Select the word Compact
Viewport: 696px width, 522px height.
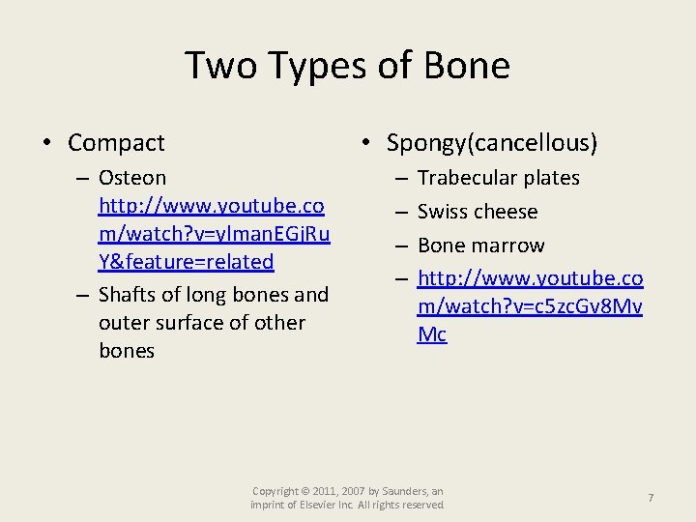(x=116, y=143)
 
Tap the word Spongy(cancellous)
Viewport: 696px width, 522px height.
(x=492, y=143)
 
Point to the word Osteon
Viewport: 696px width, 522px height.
(x=132, y=178)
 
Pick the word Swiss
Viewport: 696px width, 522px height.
(x=441, y=212)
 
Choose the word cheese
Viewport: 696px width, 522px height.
(x=506, y=212)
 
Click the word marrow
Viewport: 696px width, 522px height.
(x=508, y=246)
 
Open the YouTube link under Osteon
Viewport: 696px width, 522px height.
(x=214, y=234)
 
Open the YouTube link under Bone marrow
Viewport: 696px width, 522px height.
(x=530, y=306)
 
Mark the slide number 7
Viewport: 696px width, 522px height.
(x=651, y=497)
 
